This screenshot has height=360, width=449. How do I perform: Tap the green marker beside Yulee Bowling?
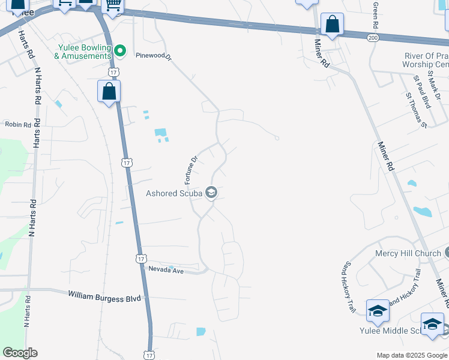pos(120,50)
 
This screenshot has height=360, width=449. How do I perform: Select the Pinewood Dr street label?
pos(154,56)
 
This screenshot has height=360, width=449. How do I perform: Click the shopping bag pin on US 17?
pos(109,92)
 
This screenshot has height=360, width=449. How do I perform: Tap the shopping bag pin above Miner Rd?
pos(332,25)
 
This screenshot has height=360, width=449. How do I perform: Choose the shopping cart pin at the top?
pos(112,6)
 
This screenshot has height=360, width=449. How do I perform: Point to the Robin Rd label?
pos(17,124)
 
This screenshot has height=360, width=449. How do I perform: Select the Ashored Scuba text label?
pos(174,193)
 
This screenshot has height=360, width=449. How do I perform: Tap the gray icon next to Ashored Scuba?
pos(211,193)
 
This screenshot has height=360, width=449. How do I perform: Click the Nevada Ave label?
pos(166,271)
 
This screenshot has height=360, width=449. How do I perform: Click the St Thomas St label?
pos(415,110)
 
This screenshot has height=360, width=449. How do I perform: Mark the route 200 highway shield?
pos(373,37)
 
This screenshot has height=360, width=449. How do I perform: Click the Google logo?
pos(20,353)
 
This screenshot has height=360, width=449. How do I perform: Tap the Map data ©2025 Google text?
pos(411,355)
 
